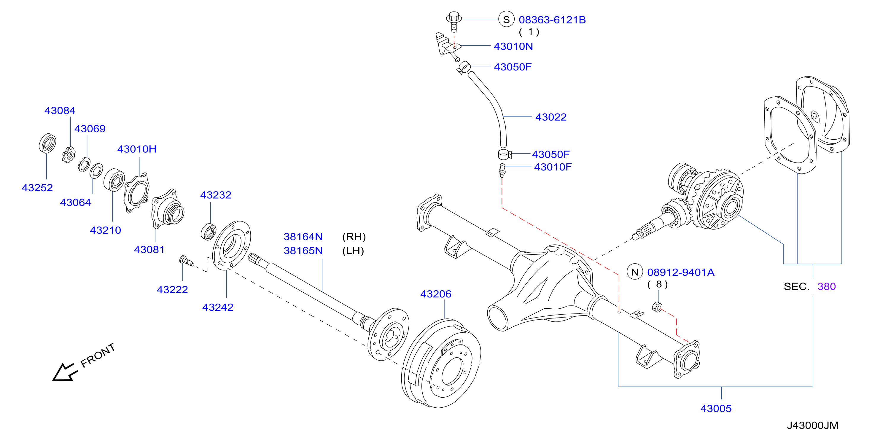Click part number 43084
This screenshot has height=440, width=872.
click(x=60, y=111)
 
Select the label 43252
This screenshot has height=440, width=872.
click(x=37, y=188)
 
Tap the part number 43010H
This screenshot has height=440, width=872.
click(x=137, y=149)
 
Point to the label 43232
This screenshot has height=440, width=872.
click(x=216, y=195)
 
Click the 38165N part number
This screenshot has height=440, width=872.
click(x=303, y=251)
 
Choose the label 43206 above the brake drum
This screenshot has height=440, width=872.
click(x=436, y=294)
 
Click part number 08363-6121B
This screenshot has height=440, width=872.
click(x=552, y=20)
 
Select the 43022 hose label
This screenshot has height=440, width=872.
click(x=551, y=117)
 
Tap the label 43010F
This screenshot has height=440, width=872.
click(x=553, y=167)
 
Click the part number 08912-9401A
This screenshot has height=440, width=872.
click(x=681, y=272)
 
